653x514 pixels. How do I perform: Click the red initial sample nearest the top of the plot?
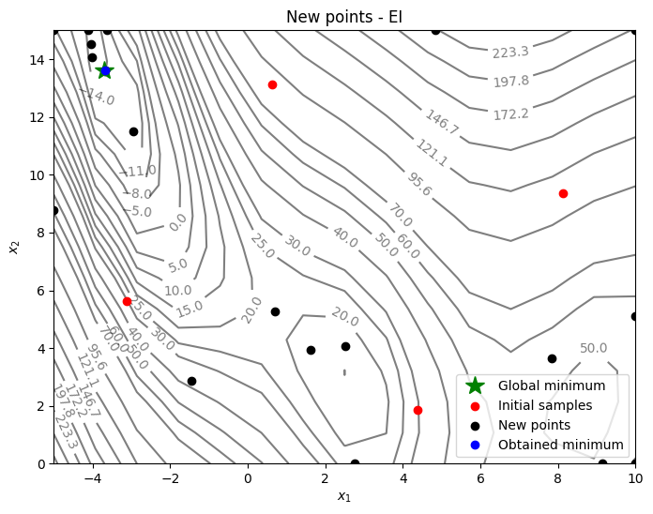pos(272,84)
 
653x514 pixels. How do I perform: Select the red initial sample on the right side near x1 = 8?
pos(563,193)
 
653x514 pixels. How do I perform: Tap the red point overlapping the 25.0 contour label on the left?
pos(127,301)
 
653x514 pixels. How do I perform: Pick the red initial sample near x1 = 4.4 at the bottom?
pos(418,410)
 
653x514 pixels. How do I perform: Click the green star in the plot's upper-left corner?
pos(105,70)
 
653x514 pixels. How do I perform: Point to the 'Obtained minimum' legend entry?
pos(560,445)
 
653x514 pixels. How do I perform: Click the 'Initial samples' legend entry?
pos(545,405)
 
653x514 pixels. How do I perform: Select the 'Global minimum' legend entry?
pos(551,385)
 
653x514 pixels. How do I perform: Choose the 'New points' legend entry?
pos(535,425)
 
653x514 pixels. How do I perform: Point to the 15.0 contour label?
pos(190,307)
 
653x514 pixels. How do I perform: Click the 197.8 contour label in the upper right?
pos(511,82)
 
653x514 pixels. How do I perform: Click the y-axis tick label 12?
pos(36,117)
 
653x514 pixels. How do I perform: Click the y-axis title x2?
pos(13,247)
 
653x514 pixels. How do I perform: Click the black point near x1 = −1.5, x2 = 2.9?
pos(191,381)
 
